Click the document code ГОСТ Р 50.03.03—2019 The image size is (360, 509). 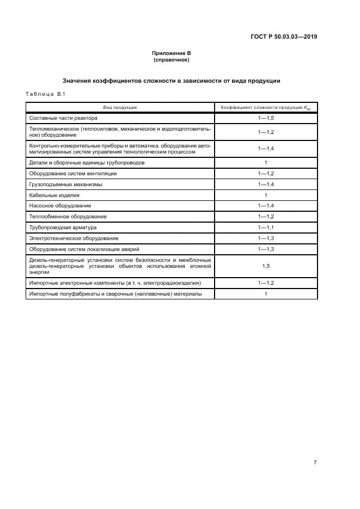(x=284, y=37)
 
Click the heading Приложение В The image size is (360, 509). (x=171, y=53)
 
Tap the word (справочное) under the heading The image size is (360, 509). (x=171, y=60)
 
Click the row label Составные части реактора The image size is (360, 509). (x=63, y=118)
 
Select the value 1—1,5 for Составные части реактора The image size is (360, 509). (x=265, y=118)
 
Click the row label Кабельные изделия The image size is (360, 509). (x=54, y=195)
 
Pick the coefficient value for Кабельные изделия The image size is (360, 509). (x=265, y=195)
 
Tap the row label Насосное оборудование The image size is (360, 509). (x=60, y=206)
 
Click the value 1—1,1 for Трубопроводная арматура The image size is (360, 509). (x=265, y=228)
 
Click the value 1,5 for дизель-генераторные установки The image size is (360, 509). (x=265, y=266)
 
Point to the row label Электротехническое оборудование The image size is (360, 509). (x=74, y=238)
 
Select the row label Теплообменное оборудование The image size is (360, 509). (x=68, y=217)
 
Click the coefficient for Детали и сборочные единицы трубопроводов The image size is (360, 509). (x=265, y=163)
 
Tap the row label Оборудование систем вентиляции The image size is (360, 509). (x=73, y=174)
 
